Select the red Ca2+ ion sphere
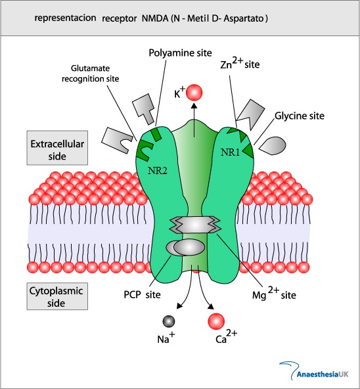(216, 321)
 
